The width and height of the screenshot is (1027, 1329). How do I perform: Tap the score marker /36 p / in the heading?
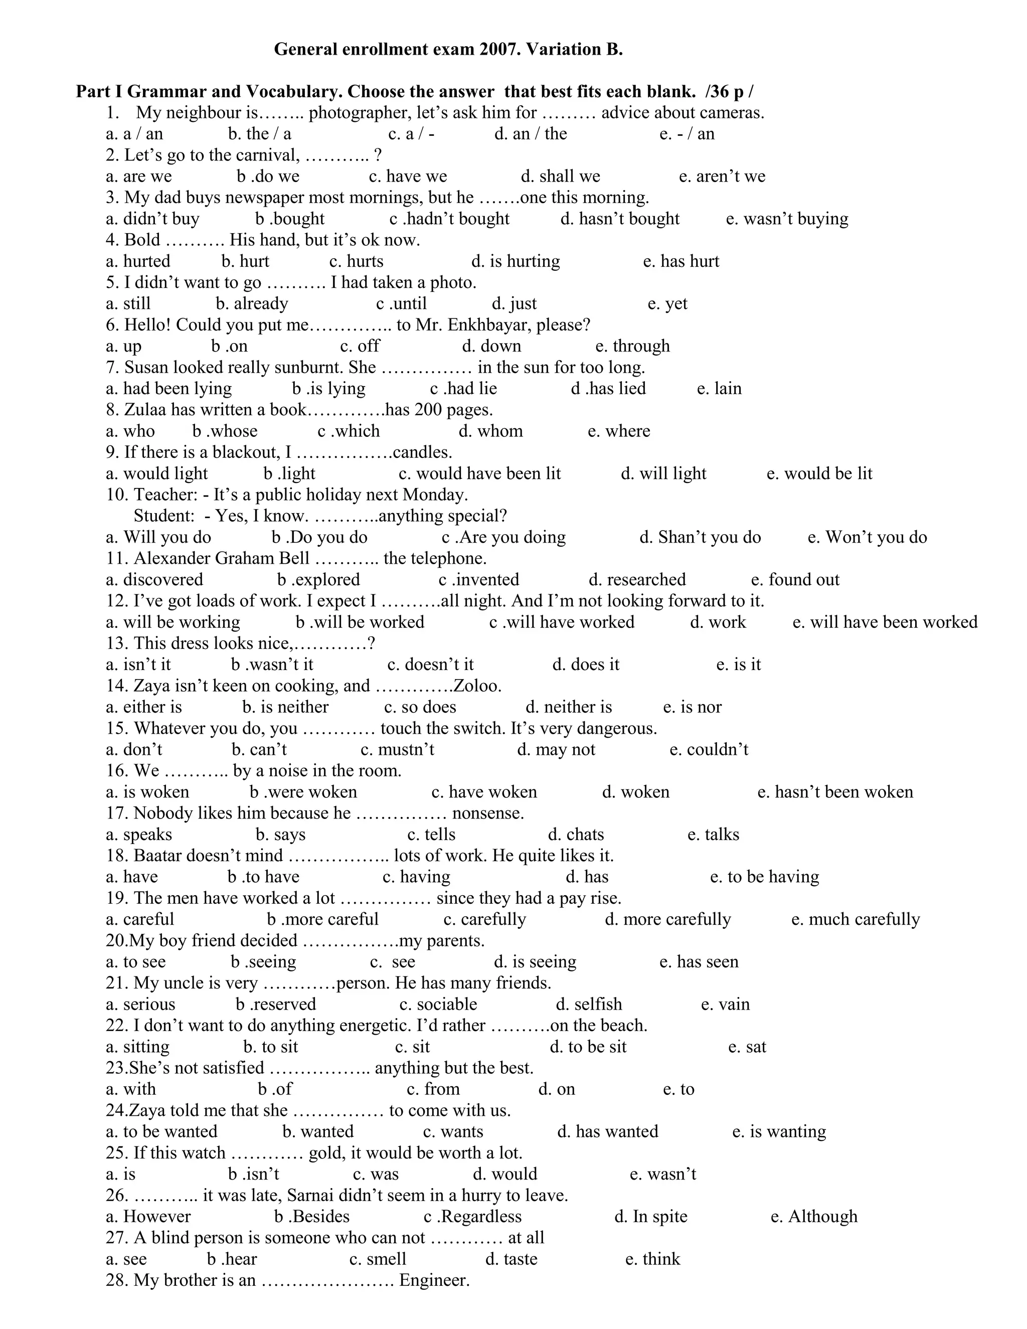click(729, 92)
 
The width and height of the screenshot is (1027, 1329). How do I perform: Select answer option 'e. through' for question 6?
click(632, 346)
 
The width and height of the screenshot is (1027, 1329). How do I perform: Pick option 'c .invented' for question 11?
click(479, 580)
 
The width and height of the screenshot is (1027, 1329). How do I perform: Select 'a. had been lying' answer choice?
click(168, 389)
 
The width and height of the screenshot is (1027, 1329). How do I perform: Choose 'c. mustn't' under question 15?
click(397, 750)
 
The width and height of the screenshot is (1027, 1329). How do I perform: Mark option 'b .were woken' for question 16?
click(303, 792)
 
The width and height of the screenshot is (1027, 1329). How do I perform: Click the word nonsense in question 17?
click(488, 813)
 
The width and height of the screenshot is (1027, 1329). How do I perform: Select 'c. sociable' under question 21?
click(438, 1005)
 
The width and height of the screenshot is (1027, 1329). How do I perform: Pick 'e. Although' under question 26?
click(813, 1217)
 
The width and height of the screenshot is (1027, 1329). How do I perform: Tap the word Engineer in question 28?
click(434, 1280)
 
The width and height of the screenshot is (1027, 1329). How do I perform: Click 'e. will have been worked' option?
click(885, 622)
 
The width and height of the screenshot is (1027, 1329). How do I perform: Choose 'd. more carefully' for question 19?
click(667, 919)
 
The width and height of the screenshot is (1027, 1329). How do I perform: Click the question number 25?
click(117, 1153)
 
